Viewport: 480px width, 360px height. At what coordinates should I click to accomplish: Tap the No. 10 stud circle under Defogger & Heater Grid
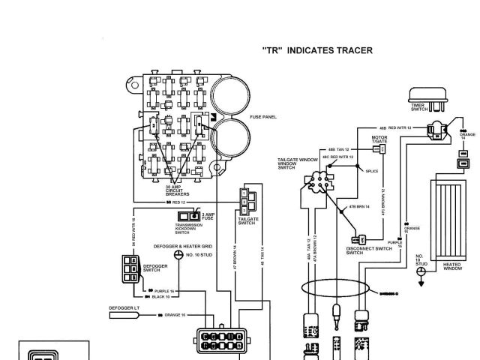tap(178, 254)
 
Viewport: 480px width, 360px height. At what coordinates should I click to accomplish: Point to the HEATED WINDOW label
tap(451, 267)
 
